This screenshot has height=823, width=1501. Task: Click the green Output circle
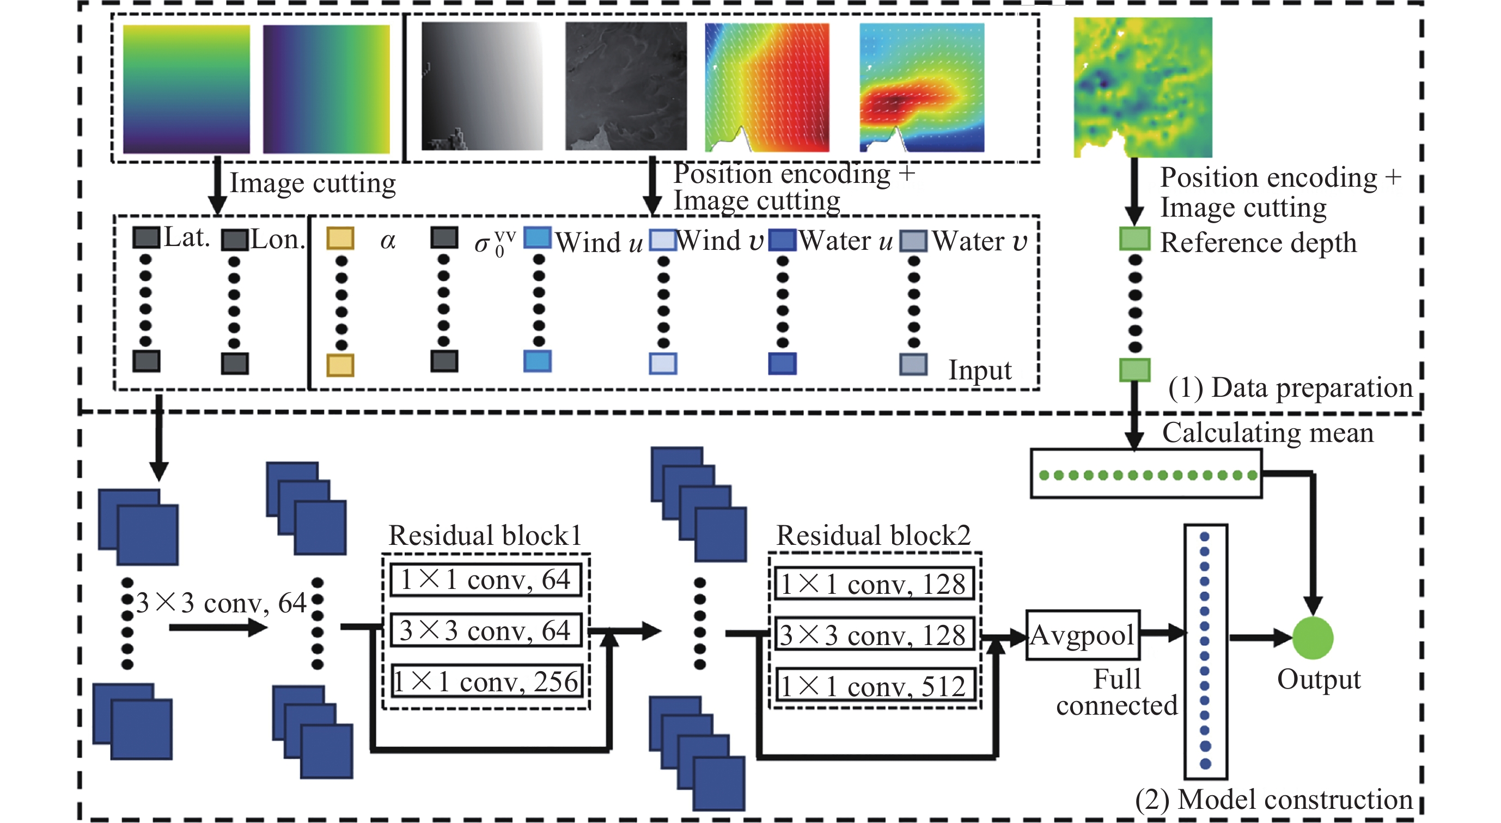(1312, 638)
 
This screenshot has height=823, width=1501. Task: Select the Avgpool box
(1082, 635)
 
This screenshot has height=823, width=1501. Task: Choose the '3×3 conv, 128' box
(875, 635)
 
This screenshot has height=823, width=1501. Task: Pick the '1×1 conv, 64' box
(486, 580)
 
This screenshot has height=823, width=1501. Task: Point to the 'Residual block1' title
(485, 535)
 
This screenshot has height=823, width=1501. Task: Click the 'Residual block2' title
(874, 535)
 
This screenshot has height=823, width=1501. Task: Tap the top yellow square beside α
(340, 238)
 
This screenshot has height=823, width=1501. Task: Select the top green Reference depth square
(1134, 239)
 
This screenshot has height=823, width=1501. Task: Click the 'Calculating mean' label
(1267, 433)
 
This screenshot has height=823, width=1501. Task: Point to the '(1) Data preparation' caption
(1290, 388)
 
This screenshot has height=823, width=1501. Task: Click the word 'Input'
(979, 370)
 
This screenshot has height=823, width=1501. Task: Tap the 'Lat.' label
(186, 237)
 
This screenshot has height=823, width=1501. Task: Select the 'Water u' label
(845, 241)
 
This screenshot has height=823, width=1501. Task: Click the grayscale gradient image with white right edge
(482, 86)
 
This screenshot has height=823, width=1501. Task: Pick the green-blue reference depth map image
(1143, 86)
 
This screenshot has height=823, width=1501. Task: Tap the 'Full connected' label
(1116, 692)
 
